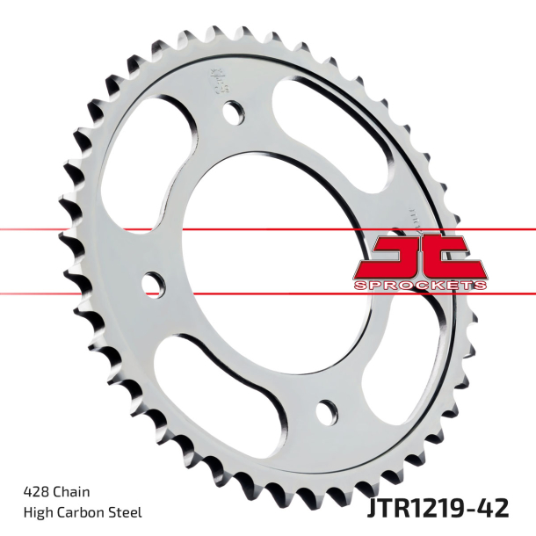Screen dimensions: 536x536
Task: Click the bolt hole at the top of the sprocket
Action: [235, 112]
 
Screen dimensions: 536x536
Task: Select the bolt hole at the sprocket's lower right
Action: [327, 409]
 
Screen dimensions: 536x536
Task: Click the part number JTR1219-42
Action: [449, 509]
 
